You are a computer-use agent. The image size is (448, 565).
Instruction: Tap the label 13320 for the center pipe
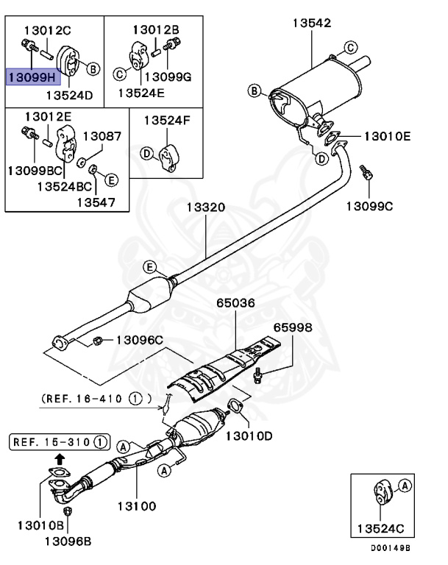point(205,208)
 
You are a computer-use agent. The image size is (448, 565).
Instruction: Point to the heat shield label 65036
point(235,302)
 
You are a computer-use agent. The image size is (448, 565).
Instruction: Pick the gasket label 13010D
point(248,436)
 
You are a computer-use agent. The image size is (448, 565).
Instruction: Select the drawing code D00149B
point(390,548)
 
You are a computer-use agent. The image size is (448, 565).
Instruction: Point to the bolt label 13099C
point(369,205)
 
